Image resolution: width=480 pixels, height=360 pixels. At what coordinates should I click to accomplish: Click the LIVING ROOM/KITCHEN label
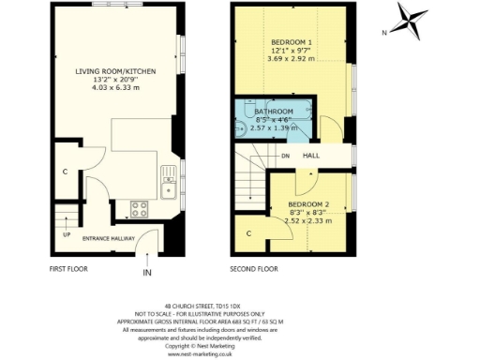point(115,71)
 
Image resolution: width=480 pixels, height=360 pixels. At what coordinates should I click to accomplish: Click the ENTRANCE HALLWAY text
point(109,239)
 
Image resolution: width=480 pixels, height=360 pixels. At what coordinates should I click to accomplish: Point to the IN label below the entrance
point(146,273)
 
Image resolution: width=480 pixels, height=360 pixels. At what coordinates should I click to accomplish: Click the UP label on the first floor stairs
point(65,234)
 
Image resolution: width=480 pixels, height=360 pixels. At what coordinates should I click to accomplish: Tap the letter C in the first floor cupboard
point(65,172)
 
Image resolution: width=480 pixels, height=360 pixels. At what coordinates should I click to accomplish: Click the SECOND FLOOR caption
point(255,269)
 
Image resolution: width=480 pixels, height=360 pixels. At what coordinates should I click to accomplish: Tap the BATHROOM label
point(274,112)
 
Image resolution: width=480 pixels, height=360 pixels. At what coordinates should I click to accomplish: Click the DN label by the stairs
point(284,157)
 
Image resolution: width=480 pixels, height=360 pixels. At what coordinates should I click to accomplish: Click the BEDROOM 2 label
point(308,204)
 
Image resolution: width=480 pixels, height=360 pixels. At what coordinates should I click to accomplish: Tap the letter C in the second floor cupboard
point(249,232)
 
